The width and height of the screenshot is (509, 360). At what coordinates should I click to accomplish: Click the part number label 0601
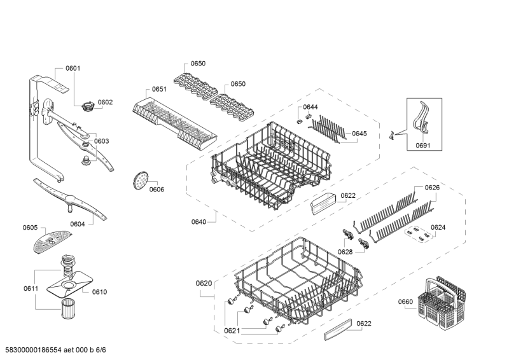pyautogui.click(x=73, y=68)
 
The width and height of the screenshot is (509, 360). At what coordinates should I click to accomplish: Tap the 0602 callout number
pyautogui.click(x=105, y=102)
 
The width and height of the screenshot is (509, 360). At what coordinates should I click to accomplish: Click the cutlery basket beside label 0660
pyautogui.click(x=443, y=302)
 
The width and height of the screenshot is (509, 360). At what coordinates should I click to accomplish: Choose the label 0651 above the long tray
pyautogui.click(x=159, y=89)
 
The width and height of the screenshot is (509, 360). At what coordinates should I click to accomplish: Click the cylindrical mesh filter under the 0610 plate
pyautogui.click(x=67, y=308)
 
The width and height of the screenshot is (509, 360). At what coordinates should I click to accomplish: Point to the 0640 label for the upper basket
pyautogui.click(x=199, y=222)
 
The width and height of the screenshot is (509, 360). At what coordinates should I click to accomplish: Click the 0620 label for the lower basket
pyautogui.click(x=204, y=284)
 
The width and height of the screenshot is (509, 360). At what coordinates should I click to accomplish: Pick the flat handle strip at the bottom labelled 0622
pyautogui.click(x=338, y=329)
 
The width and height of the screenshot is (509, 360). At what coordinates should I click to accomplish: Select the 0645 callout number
pyautogui.click(x=359, y=134)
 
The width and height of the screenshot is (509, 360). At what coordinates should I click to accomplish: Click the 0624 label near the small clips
pyautogui.click(x=438, y=227)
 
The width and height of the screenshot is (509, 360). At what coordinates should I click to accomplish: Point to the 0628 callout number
pyautogui.click(x=345, y=252)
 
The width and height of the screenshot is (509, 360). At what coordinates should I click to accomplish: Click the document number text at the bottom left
pyautogui.click(x=55, y=350)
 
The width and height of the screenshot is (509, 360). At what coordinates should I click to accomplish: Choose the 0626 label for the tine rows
pyautogui.click(x=433, y=187)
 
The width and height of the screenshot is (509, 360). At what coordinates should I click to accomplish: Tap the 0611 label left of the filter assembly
pyautogui.click(x=31, y=288)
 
